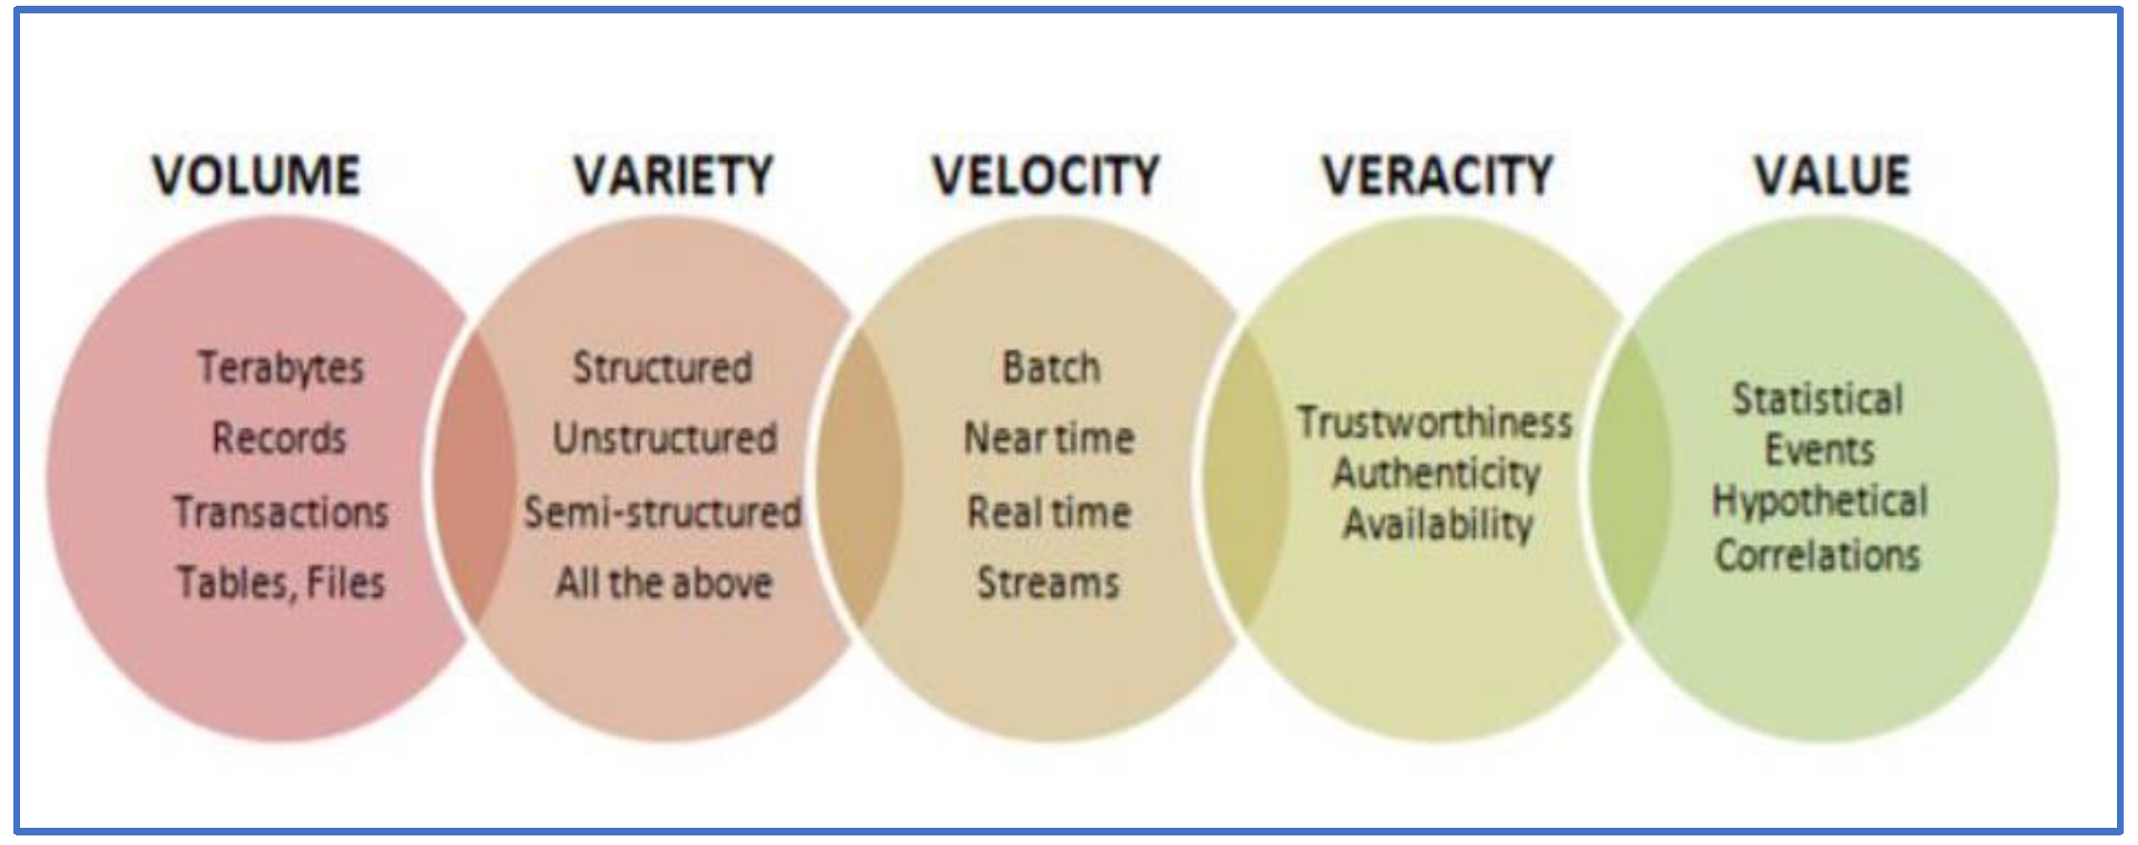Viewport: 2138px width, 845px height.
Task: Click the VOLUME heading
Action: (257, 176)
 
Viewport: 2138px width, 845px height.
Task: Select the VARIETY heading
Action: (673, 176)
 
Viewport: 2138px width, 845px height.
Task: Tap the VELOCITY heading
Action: (1046, 176)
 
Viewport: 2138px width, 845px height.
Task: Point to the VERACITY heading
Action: (1437, 175)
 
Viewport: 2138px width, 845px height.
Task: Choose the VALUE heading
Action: (1831, 175)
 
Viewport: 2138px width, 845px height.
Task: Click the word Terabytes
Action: (281, 368)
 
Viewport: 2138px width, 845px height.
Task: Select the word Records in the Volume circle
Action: (279, 439)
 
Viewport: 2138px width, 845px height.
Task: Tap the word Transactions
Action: (281, 512)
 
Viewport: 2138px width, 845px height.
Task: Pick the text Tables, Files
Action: (281, 582)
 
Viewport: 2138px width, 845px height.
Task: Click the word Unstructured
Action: (664, 439)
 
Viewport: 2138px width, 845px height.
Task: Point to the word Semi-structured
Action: (662, 512)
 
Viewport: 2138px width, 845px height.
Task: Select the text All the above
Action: (664, 582)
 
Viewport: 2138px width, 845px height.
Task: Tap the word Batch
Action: (1050, 368)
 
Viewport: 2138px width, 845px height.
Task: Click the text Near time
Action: (1048, 439)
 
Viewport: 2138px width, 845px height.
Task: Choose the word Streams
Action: (1047, 582)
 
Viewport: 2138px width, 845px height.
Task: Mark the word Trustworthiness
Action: (1434, 422)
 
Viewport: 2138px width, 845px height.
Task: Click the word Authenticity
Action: (1436, 473)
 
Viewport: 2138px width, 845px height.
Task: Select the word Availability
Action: (1437, 524)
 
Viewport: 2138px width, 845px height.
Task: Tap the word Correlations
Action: (1817, 555)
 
